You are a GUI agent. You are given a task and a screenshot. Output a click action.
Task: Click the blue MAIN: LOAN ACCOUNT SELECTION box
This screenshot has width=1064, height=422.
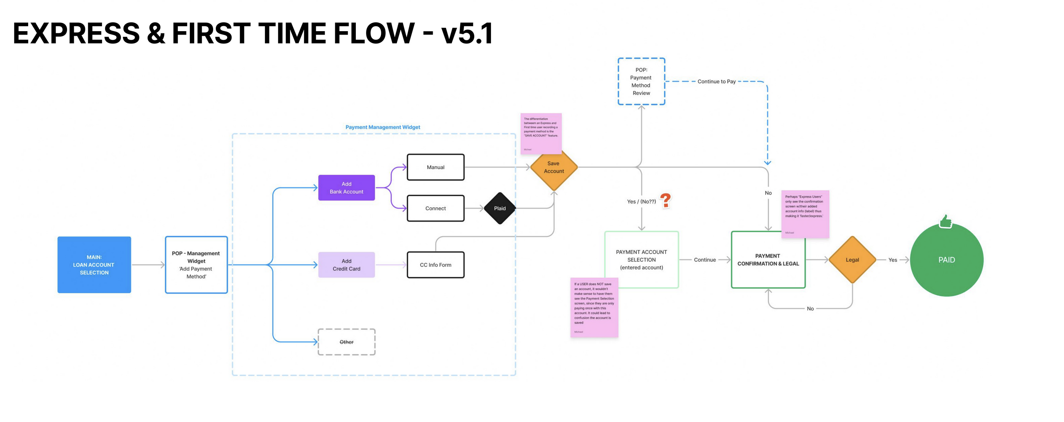coord(94,265)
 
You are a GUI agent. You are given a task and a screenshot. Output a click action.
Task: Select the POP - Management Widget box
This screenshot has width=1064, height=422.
coord(196,265)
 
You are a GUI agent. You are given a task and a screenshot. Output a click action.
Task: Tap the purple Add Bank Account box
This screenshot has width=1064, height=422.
coord(346,188)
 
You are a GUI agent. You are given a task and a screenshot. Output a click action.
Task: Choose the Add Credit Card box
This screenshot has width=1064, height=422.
coord(346,265)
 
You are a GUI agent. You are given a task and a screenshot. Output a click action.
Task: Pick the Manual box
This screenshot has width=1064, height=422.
coord(435,167)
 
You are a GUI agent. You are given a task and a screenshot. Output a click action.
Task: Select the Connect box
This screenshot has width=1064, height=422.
coord(435,208)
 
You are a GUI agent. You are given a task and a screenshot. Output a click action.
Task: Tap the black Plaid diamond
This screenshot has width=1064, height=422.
coord(500,208)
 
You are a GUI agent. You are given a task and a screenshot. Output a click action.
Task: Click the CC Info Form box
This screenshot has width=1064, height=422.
coord(435,265)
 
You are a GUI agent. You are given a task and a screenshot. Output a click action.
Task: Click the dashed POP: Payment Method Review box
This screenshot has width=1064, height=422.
coord(641,81)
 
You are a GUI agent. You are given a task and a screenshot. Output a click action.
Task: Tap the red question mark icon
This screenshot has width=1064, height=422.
coord(666,200)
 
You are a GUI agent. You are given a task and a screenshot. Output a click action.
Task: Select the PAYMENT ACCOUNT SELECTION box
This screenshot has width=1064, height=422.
coord(641,259)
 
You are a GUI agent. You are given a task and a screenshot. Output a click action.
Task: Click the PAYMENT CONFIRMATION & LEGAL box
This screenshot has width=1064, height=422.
coord(768,259)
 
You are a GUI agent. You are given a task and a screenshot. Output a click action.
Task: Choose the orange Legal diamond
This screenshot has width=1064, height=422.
coord(852,259)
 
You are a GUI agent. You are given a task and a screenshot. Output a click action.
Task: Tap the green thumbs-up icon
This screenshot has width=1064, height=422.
coord(945,222)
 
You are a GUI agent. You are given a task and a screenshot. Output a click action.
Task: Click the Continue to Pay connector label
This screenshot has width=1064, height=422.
coord(716,81)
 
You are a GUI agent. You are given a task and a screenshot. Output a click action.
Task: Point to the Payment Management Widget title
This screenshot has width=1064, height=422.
coord(382,127)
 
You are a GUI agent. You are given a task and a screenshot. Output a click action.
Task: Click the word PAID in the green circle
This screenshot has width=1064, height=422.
coord(946,259)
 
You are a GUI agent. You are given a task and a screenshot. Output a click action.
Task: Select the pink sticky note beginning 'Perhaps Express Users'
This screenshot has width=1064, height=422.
coord(804,214)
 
